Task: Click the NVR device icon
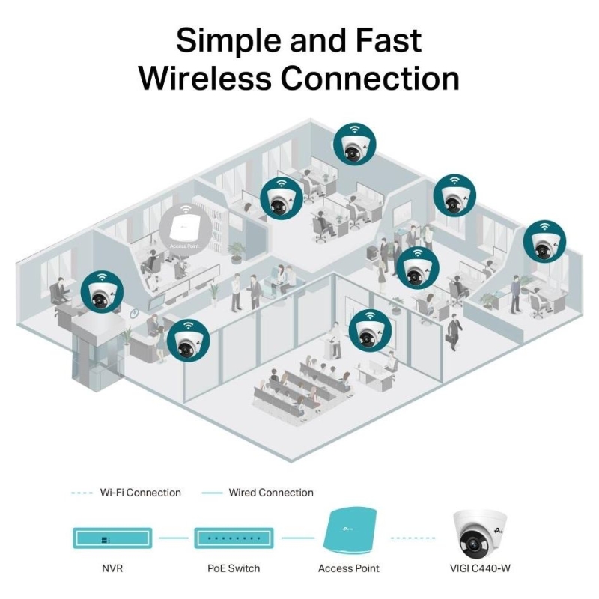pos(112,537)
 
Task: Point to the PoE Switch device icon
pos(233,537)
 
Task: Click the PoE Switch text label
pos(234,568)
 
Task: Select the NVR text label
pos(112,568)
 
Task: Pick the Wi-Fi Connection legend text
pos(142,493)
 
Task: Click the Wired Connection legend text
pos(271,493)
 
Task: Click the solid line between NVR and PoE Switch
pos(172,537)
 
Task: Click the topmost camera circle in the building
pos(354,143)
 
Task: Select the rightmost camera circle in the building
pos(544,242)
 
